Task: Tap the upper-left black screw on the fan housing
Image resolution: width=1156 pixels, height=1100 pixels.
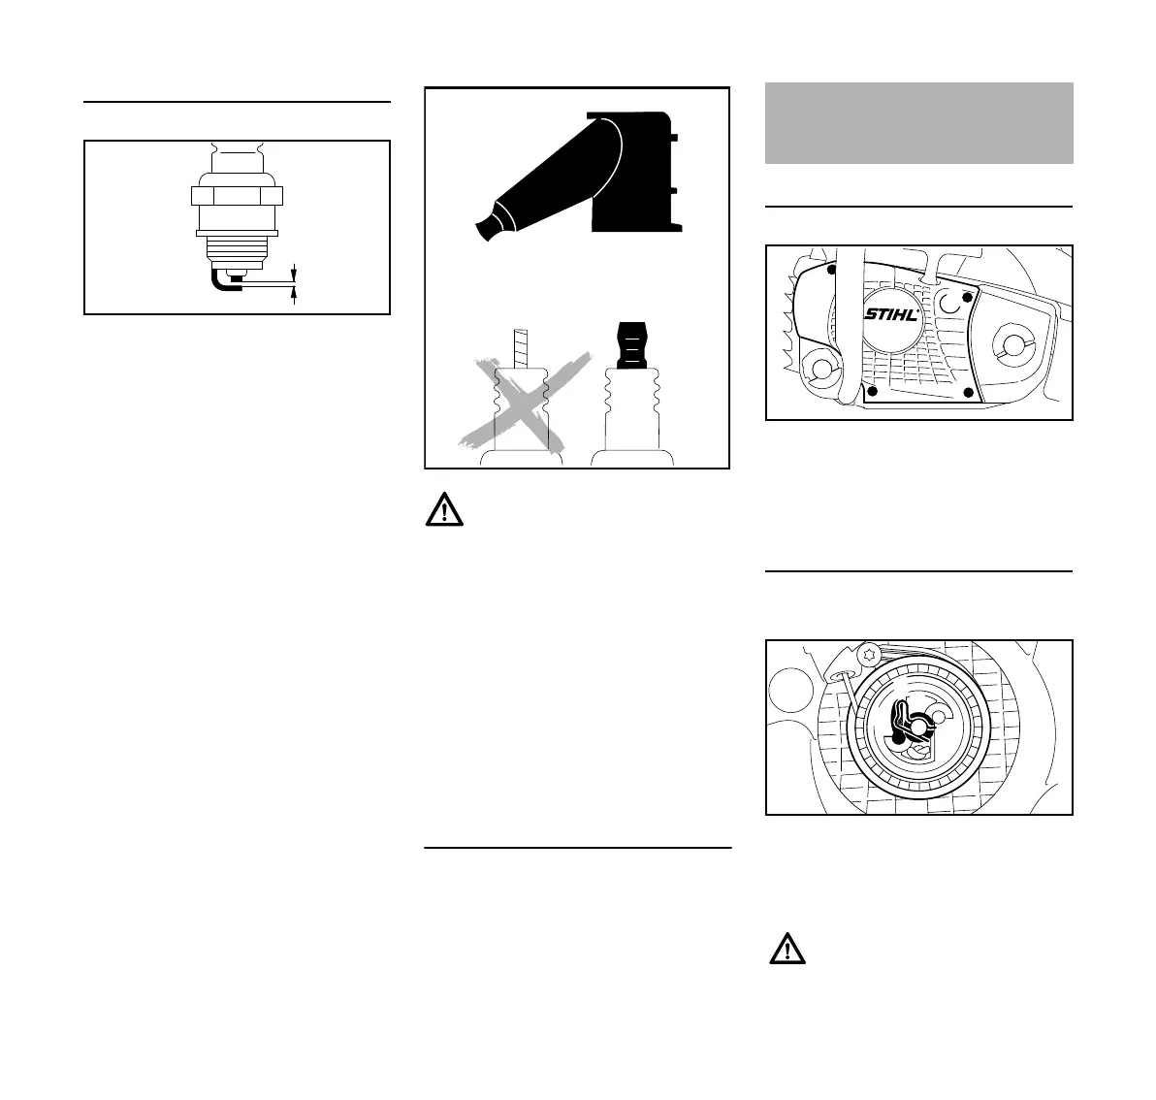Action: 831,271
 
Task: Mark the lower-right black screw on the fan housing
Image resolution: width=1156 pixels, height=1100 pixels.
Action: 968,392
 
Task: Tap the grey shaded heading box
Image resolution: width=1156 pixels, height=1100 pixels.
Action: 918,123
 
